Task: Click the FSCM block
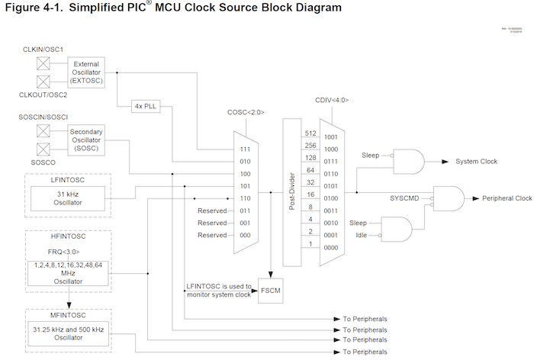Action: [x=270, y=291]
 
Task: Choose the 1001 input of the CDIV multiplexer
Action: [x=330, y=137]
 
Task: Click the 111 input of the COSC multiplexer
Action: [x=244, y=149]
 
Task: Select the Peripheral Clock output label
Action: [x=507, y=198]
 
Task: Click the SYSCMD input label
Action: [x=404, y=198]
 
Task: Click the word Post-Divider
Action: [x=291, y=193]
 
